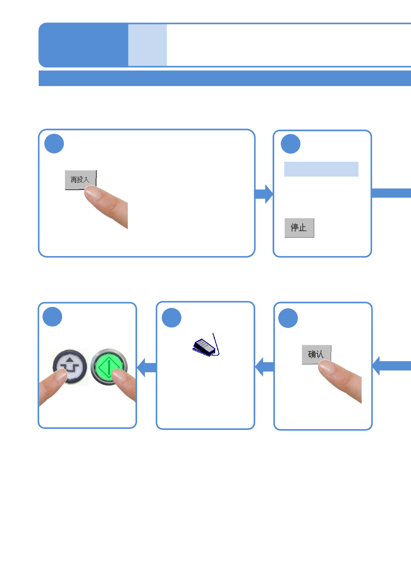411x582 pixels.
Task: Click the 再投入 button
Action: (80, 180)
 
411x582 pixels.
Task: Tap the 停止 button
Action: (299, 228)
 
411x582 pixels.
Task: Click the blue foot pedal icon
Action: (205, 347)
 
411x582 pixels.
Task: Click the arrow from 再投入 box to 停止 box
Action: (264, 194)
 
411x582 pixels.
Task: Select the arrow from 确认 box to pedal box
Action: (265, 367)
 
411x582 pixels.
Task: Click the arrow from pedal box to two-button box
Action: (147, 367)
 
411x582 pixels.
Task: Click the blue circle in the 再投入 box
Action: (54, 144)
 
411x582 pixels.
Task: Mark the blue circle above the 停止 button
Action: (290, 144)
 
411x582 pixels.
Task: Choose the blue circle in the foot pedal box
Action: (172, 318)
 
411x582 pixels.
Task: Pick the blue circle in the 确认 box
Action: (288, 318)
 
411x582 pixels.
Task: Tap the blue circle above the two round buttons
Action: (52, 317)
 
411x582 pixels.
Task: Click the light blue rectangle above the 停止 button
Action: (321, 169)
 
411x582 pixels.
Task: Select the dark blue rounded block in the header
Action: (83, 45)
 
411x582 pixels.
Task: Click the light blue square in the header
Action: (147, 45)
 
